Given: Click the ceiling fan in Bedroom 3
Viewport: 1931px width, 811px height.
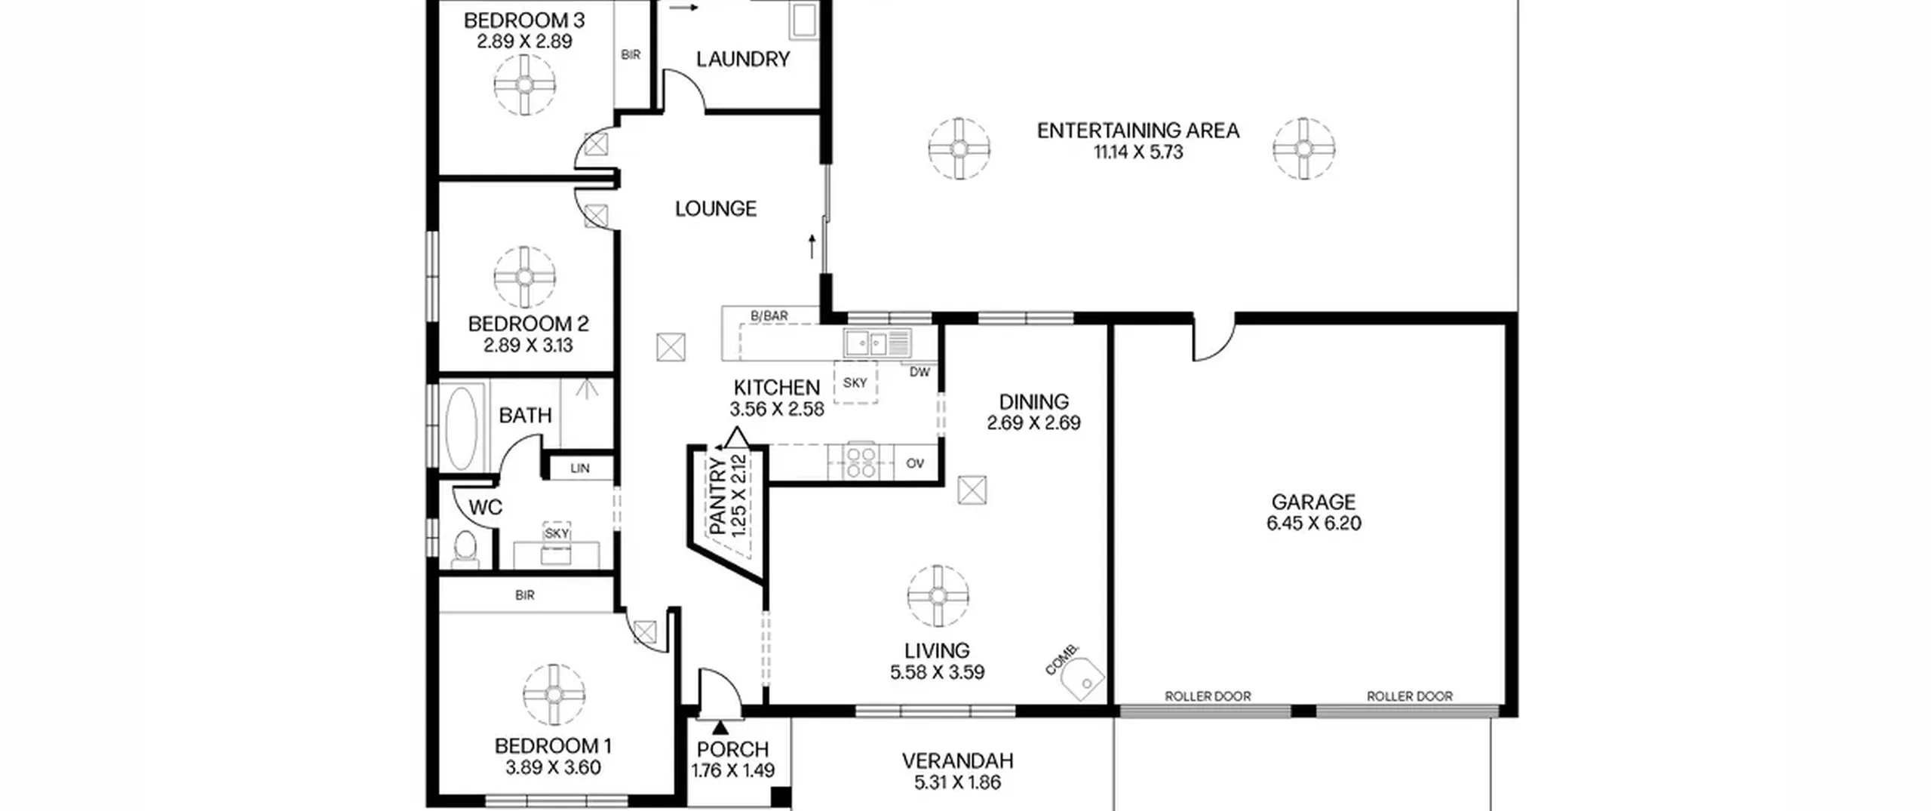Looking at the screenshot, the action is tap(525, 84).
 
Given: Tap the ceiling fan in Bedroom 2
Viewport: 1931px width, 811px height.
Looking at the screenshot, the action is tap(525, 277).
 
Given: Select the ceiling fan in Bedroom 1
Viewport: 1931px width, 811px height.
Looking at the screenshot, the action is tap(554, 695).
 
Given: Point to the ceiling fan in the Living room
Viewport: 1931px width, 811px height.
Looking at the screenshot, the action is tap(938, 596).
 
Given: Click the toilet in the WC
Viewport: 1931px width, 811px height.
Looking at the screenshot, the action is tap(465, 548).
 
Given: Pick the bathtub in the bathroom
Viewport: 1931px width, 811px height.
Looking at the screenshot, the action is tap(461, 428).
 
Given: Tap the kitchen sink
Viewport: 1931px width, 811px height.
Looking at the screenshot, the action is tap(877, 343).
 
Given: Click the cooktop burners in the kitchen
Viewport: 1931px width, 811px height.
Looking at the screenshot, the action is tap(861, 461).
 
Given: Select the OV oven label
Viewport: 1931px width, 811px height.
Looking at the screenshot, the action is tap(915, 463).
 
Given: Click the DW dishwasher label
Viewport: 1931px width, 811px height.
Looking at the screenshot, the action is tap(919, 372).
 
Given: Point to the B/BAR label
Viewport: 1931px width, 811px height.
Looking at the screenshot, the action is tap(769, 316).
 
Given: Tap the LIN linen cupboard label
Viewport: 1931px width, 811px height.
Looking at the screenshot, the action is tap(580, 468).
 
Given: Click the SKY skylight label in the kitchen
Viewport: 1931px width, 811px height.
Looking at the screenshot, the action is tap(855, 383).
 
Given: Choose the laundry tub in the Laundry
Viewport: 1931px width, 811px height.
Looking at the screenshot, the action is tap(803, 20).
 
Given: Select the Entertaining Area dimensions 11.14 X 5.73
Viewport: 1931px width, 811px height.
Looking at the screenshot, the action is tap(1138, 152).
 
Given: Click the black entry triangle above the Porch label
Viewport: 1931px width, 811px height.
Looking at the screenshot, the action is tap(720, 727).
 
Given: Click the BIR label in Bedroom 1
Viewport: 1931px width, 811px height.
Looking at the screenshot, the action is tap(525, 595).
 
